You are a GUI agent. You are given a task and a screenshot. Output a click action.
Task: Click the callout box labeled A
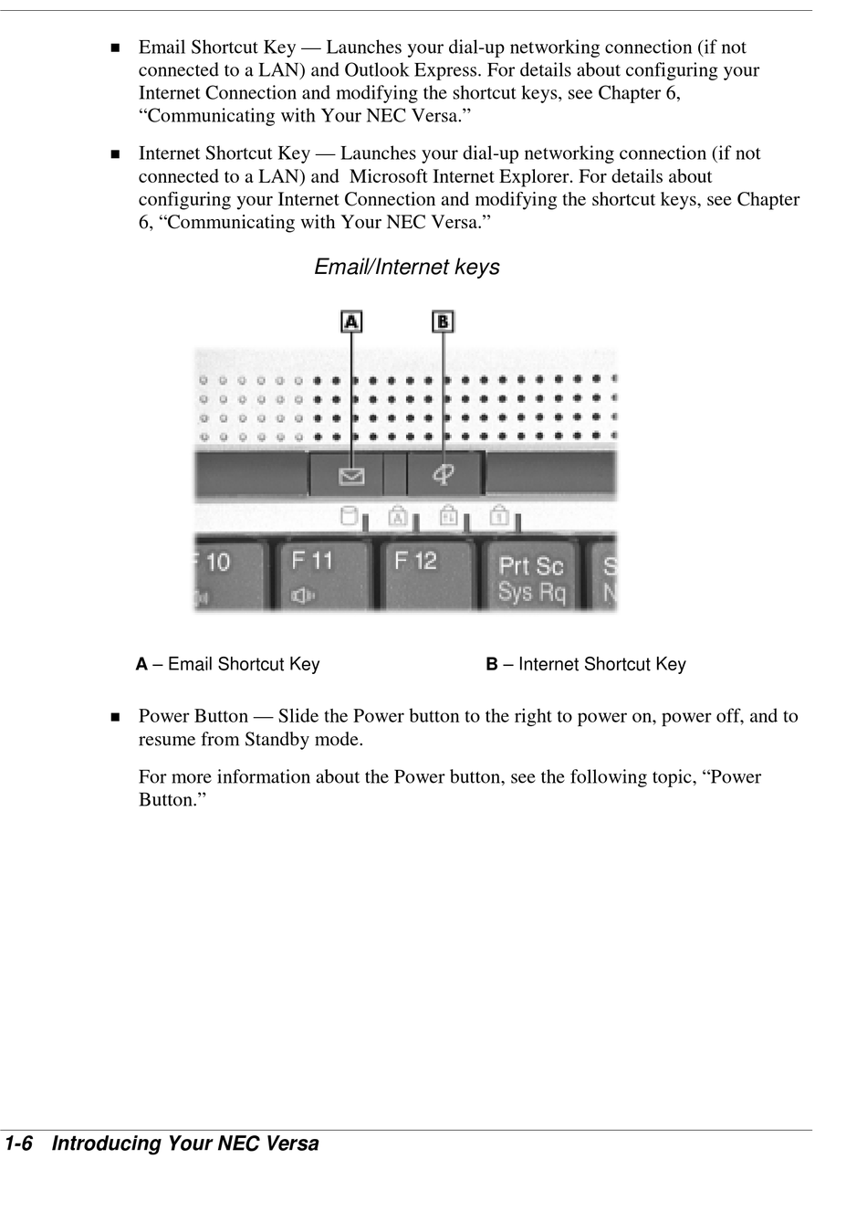pos(351,321)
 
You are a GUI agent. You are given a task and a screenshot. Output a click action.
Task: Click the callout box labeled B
pos(443,321)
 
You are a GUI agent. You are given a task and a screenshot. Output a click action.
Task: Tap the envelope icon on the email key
pos(351,476)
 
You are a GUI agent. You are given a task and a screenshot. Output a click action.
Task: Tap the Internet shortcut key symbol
pos(444,474)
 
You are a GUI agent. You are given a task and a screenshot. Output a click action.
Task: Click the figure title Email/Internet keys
pos(407,267)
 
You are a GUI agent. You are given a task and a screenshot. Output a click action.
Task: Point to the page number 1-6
pos(19,1143)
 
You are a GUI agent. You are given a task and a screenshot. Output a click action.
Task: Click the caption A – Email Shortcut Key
pos(228,664)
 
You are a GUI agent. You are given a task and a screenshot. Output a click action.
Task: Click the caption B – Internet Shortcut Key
pos(586,664)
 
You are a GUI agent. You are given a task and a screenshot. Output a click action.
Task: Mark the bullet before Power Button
pos(115,717)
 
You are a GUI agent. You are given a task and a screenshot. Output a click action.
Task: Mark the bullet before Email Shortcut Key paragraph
pos(115,48)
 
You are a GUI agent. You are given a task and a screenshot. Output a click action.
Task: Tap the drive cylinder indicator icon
pos(348,516)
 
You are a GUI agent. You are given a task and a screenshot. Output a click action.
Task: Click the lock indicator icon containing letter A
pos(397,516)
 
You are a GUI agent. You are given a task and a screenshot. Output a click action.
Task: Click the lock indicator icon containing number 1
pos(498,516)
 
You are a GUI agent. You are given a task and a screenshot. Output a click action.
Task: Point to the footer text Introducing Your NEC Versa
pos(185,1143)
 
